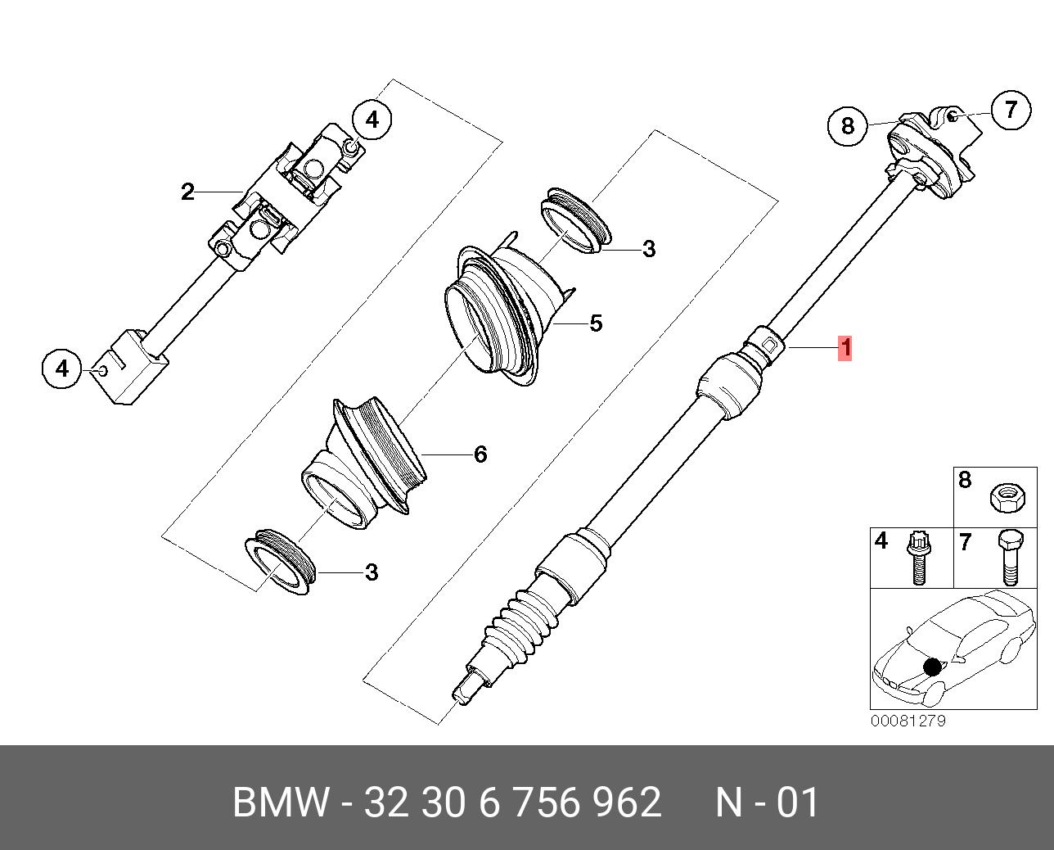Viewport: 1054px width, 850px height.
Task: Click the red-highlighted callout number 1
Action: pyautogui.click(x=845, y=348)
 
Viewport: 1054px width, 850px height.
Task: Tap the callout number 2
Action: pyautogui.click(x=187, y=192)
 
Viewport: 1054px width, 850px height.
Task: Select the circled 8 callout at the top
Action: pyautogui.click(x=847, y=125)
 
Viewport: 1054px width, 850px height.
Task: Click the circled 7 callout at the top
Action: pyautogui.click(x=1011, y=109)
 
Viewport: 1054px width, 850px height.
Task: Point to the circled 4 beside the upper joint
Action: pyautogui.click(x=372, y=120)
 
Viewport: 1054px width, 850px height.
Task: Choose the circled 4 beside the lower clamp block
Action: pyautogui.click(x=62, y=368)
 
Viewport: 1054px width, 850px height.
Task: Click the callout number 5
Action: pyautogui.click(x=596, y=323)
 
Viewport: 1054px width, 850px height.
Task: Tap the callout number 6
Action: pyautogui.click(x=480, y=454)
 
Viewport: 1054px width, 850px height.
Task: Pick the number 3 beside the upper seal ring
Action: pyautogui.click(x=649, y=249)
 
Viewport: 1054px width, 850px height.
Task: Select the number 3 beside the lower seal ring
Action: pyautogui.click(x=372, y=572)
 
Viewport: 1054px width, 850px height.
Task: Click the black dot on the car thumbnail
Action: pyautogui.click(x=932, y=667)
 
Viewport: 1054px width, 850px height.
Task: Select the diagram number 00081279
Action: pyautogui.click(x=908, y=721)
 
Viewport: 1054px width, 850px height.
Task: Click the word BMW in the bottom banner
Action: pyautogui.click(x=280, y=803)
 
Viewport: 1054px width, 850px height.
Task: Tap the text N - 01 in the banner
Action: pyautogui.click(x=767, y=803)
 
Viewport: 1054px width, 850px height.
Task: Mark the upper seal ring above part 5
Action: pyautogui.click(x=576, y=219)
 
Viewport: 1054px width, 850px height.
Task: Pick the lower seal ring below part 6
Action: pyautogui.click(x=280, y=560)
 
